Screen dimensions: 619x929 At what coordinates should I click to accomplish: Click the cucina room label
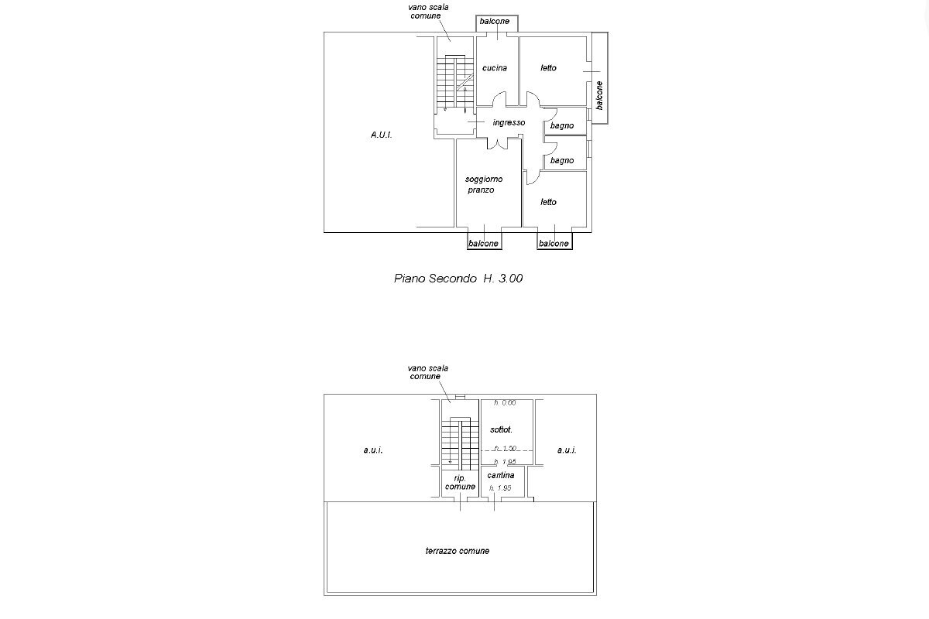(x=495, y=68)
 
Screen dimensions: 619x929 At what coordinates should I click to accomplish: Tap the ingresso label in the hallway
(x=509, y=122)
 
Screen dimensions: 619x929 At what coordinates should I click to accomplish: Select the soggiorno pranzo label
(x=484, y=184)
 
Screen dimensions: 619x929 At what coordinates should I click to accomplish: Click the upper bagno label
(x=562, y=125)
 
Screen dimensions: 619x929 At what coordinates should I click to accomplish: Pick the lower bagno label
(x=562, y=160)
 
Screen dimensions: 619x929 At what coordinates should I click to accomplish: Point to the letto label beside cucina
(x=548, y=68)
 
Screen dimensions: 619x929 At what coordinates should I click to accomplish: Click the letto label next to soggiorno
(x=548, y=202)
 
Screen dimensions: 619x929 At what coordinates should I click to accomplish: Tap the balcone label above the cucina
(x=495, y=22)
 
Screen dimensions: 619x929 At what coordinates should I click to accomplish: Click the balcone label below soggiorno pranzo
(x=484, y=244)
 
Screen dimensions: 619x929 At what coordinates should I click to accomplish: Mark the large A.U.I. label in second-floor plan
(x=381, y=135)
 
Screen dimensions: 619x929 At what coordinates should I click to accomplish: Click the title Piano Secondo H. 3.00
(x=459, y=278)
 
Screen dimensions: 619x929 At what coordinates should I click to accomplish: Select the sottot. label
(x=501, y=429)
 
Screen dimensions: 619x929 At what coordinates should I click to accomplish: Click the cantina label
(x=502, y=475)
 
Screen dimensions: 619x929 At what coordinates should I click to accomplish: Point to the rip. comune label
(x=460, y=481)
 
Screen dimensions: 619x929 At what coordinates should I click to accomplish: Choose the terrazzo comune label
(x=458, y=551)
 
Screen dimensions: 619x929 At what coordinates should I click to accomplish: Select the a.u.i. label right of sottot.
(x=567, y=450)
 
